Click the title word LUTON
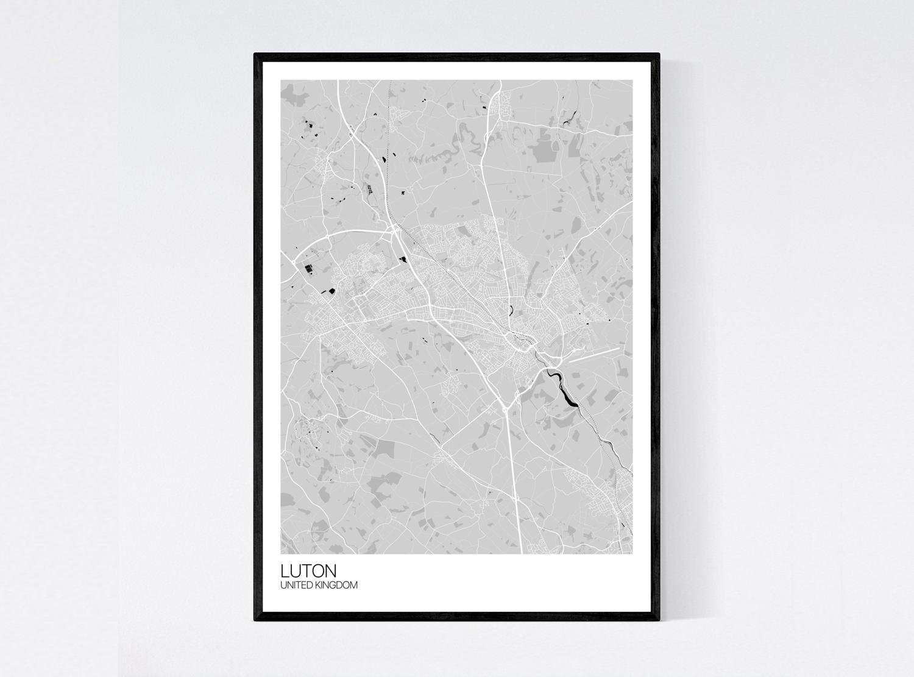click(x=308, y=571)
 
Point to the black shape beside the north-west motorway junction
click(x=403, y=260)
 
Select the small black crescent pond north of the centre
click(x=511, y=308)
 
